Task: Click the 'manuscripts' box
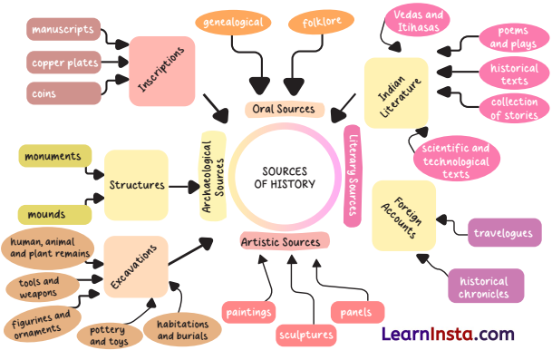63,31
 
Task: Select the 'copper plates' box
63,63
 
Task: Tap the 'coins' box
63,92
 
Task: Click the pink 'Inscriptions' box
162,70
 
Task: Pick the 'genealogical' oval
234,22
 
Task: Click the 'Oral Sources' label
285,110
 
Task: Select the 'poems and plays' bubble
513,37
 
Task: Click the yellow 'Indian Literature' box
396,92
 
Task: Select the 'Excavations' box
136,267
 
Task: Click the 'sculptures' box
305,335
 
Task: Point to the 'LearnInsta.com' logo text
447,334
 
